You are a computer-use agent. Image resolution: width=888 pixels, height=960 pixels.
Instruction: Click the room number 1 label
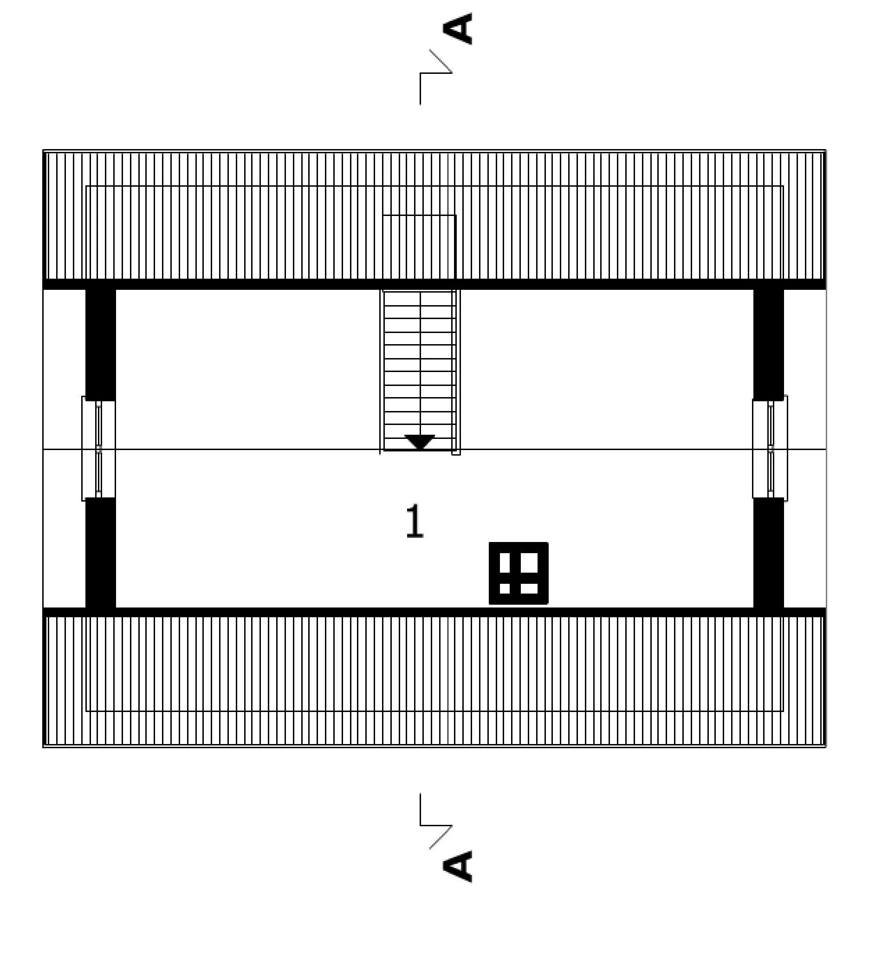[415, 521]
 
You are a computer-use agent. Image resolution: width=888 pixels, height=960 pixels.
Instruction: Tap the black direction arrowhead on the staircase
[420, 441]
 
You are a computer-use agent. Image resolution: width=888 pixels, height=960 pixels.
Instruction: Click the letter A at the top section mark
[457, 28]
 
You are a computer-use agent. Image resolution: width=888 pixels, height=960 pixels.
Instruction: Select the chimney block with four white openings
[519, 574]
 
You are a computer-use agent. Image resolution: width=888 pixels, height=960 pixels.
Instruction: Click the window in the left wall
[98, 449]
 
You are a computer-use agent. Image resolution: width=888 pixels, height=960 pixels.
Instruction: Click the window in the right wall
[770, 449]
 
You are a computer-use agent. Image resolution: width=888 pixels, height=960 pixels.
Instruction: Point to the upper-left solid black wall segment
[100, 345]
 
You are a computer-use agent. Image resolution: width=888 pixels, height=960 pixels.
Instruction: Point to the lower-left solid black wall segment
[100, 553]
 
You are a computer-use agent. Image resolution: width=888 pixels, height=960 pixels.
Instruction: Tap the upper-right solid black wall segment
[768, 345]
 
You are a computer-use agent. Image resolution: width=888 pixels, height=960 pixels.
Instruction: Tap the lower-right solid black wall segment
[768, 553]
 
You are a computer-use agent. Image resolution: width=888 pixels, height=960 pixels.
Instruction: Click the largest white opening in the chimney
[529, 562]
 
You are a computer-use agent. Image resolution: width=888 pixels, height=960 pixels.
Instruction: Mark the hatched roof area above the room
[434, 216]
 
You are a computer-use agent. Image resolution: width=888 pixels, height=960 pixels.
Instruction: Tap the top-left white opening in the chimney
[505, 562]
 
